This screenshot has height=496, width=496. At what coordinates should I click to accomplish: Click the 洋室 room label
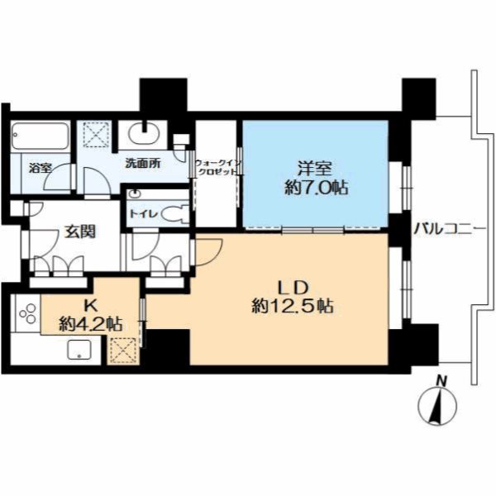[314, 169]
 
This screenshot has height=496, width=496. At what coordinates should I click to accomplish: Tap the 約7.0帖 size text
[317, 188]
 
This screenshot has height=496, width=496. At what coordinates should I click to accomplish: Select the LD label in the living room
[293, 288]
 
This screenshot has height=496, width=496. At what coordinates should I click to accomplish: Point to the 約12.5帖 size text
[293, 306]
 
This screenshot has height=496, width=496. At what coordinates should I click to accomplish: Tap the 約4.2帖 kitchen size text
[91, 324]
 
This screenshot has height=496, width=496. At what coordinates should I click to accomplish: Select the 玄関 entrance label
[79, 231]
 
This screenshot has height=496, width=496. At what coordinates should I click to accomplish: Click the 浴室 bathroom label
[41, 168]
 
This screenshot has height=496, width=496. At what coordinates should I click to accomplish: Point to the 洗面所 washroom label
[143, 163]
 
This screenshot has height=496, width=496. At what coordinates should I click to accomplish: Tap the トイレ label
[143, 214]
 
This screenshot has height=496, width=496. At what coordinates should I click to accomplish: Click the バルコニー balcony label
[450, 229]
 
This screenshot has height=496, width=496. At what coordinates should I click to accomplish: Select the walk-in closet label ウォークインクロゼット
[218, 167]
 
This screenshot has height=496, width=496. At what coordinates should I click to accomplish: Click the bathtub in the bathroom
[40, 136]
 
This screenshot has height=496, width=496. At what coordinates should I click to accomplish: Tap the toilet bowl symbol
[174, 214]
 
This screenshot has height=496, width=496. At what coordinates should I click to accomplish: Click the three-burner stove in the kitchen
[28, 313]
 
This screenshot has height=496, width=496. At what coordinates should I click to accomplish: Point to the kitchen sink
[79, 349]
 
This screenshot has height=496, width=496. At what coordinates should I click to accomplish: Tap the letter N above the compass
[441, 380]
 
